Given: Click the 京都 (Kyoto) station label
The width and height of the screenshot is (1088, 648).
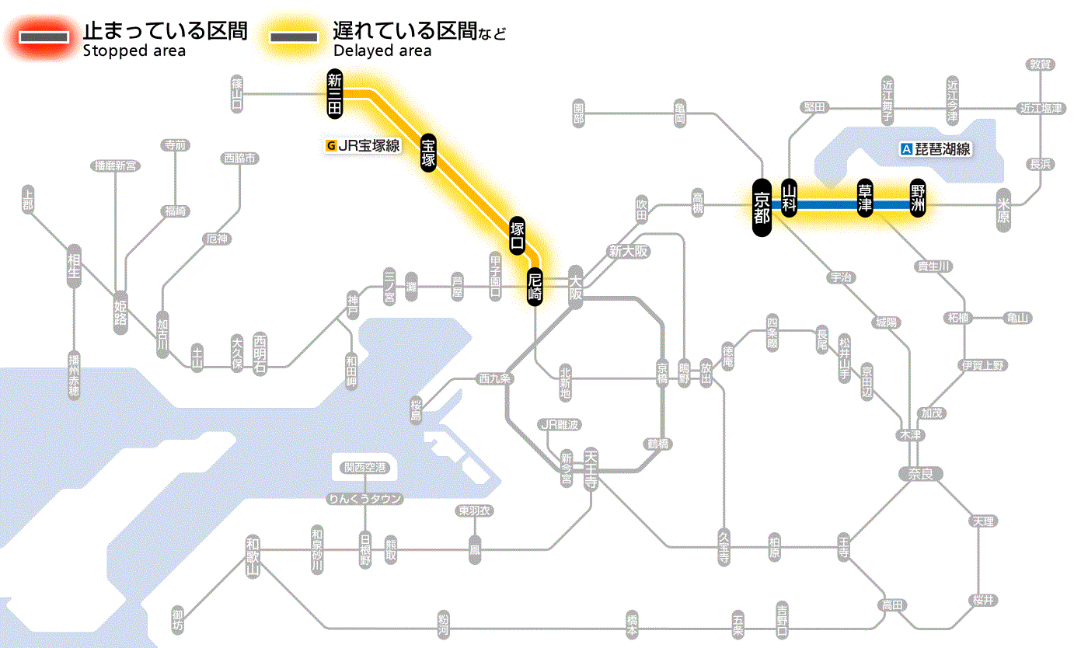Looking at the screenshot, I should click(x=762, y=207).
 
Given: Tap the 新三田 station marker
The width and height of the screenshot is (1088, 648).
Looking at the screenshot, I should click(x=335, y=94).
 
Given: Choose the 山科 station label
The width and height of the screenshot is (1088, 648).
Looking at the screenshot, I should click(x=790, y=200).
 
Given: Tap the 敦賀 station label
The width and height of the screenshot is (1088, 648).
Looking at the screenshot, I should click(x=1040, y=64).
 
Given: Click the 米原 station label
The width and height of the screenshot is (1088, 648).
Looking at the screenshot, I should click(x=1003, y=210).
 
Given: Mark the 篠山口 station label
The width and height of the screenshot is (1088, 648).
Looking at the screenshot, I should click(x=237, y=95).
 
